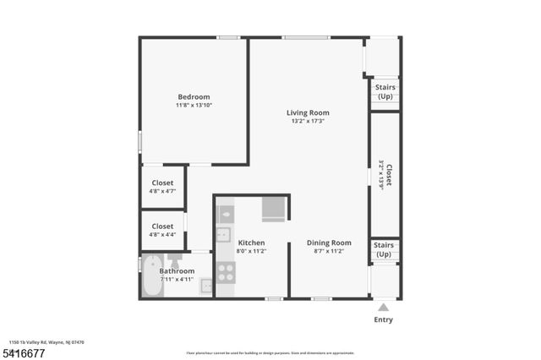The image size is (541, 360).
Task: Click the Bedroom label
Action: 193,96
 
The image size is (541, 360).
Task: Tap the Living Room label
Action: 308,112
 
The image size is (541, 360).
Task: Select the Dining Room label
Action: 328,243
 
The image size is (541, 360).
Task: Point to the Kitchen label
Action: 252,243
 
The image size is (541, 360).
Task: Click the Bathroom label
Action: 177,271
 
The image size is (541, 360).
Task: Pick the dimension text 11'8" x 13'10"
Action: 193,106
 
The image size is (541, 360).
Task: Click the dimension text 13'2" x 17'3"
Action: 308,122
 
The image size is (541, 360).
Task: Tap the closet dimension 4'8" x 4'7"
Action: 162,192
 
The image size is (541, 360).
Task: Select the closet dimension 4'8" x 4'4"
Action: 162,235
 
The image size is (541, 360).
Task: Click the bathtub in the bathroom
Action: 153,276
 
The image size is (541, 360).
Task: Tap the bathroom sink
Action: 206,286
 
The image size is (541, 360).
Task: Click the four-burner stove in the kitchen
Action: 226,272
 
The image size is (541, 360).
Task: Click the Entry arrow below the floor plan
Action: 383,308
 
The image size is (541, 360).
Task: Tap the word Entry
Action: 383,320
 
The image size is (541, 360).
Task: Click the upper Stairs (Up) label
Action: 384,90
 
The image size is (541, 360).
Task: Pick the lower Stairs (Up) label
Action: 383,249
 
